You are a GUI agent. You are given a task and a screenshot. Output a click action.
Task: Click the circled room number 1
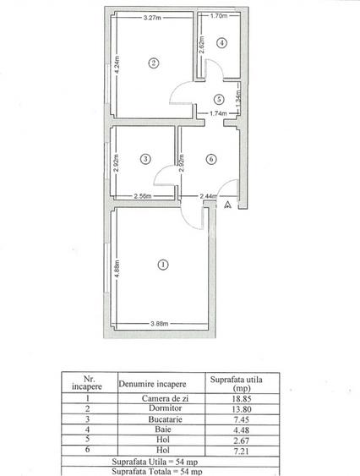(161, 265)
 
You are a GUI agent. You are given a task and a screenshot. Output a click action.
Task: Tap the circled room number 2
(153, 62)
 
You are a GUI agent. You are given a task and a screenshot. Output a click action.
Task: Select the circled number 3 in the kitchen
(146, 158)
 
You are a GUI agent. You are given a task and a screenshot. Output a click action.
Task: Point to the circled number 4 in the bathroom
(221, 43)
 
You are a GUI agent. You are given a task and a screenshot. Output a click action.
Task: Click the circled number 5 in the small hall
(218, 99)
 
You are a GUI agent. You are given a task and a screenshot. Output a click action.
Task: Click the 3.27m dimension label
(153, 18)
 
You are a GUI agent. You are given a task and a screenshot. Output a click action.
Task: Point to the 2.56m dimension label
(144, 196)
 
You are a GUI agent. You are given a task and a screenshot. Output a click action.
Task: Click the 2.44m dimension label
(210, 196)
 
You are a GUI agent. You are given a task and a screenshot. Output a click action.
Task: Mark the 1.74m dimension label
(217, 113)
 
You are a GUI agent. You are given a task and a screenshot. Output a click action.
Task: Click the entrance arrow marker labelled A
(227, 205)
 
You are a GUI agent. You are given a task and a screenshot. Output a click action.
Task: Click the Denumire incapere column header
(150, 384)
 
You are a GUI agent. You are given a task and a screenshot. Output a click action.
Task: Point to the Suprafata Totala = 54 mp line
(150, 471)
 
